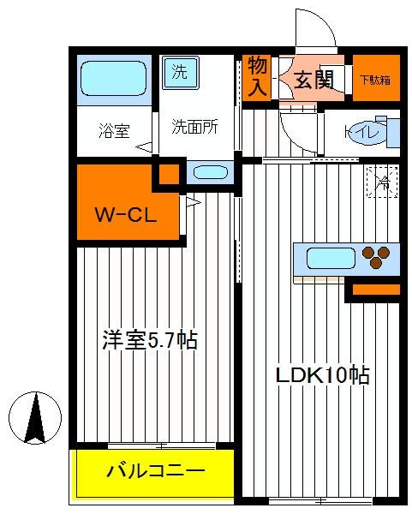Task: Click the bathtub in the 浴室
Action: pos(113,78)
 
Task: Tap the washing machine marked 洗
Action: pos(181,73)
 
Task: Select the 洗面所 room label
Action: pos(194,127)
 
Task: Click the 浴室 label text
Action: pos(114,131)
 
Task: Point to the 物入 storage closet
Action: pos(257,78)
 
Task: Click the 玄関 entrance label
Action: pos(313,80)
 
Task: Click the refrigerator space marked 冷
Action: pos(382,182)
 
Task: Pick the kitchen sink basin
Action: pos(331,259)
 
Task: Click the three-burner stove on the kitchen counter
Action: pos(376,256)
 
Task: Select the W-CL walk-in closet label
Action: pos(125,215)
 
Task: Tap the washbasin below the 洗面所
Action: pos(210,172)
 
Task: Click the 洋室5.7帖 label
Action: pos(150,340)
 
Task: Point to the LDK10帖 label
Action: pos(323,375)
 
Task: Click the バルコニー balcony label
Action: pos(156,471)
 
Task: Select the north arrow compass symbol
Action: pos(35,418)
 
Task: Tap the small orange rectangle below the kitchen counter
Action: pos(376,290)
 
